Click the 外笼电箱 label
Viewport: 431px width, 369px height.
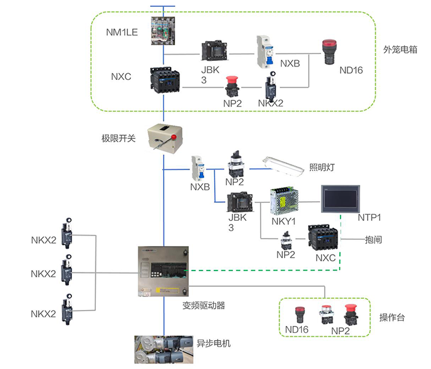(400, 49)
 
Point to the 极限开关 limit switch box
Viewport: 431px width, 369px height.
(163, 137)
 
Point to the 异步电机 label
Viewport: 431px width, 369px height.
(213, 343)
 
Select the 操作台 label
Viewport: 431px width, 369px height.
(391, 317)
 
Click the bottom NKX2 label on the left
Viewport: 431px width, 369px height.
(44, 314)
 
